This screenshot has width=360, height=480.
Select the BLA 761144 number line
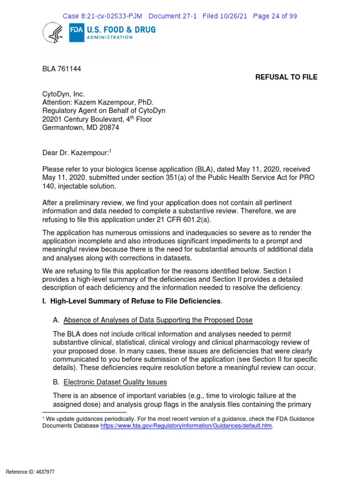click(x=61, y=69)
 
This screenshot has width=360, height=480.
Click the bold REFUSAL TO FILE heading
click(x=286, y=77)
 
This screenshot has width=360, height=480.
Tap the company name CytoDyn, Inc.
click(x=63, y=94)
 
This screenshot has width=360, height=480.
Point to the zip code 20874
click(x=108, y=127)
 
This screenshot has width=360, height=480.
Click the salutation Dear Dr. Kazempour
click(x=75, y=152)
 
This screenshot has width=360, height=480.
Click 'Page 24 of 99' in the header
click(x=275, y=16)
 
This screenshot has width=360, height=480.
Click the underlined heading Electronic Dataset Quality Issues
click(x=115, y=382)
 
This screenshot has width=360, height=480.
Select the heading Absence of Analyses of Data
click(x=157, y=320)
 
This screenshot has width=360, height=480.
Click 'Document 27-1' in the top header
click(x=172, y=16)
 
